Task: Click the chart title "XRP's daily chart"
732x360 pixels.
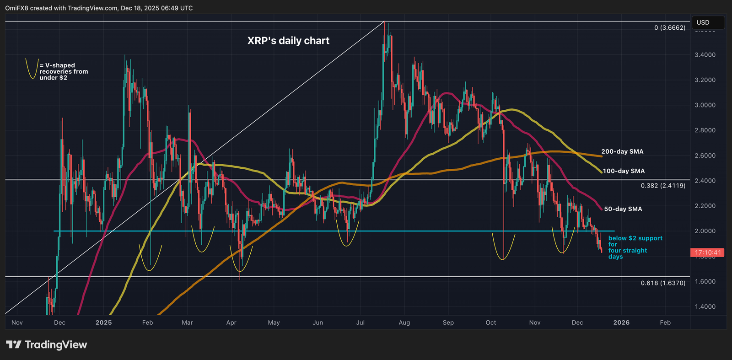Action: (288, 41)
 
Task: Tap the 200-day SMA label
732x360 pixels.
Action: (622, 151)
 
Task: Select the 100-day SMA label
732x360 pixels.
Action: (624, 171)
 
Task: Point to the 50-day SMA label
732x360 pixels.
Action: (623, 209)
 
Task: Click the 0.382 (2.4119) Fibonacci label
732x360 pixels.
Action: (663, 186)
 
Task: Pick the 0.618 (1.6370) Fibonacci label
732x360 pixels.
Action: (663, 283)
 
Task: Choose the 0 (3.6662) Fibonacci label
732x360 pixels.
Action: (670, 28)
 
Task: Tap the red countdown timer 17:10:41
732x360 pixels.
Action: (707, 253)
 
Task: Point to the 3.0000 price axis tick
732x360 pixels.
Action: (705, 105)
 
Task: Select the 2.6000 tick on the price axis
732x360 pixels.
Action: (705, 156)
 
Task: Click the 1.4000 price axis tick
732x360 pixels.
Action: (705, 306)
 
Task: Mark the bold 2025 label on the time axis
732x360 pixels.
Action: (103, 322)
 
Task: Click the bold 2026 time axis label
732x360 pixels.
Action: (621, 322)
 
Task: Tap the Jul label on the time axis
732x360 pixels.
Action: (361, 322)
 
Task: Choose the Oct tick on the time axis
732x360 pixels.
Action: (491, 322)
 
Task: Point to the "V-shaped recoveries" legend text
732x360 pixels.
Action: (64, 71)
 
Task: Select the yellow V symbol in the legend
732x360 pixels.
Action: (31, 69)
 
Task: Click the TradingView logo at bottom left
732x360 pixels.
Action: (46, 344)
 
